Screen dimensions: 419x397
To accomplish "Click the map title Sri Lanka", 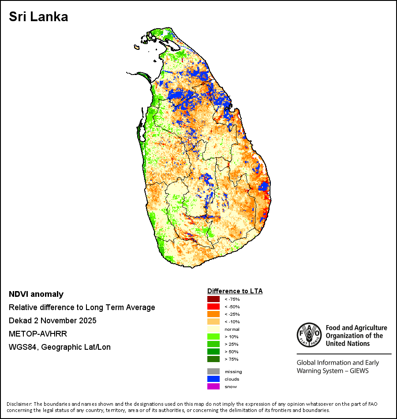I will tap(38, 17).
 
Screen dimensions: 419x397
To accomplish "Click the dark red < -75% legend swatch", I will tap(213, 299).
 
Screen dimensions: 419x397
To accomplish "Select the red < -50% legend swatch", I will tap(213, 307).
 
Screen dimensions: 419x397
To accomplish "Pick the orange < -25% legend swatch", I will tap(213, 314).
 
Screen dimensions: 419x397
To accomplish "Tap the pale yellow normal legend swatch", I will tap(213, 329).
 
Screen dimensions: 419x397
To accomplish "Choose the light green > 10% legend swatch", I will tap(213, 337).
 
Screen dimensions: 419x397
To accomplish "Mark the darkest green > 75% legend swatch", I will tap(213, 359).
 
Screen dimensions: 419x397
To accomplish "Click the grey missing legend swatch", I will tap(213, 371).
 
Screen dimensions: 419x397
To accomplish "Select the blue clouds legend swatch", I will tap(213, 379).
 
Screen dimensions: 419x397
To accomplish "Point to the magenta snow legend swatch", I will tap(213, 386).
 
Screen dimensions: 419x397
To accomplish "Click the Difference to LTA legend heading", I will tap(235, 291).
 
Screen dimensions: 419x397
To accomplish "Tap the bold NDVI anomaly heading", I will tap(36, 294).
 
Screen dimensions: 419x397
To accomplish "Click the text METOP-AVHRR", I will tap(38, 334).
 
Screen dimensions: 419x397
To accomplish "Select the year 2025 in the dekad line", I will tap(87, 321).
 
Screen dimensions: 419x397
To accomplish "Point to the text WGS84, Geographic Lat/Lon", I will tap(60, 347).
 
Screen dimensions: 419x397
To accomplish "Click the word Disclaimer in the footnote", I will tap(19, 404).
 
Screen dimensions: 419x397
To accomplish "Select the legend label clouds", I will tap(232, 379).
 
